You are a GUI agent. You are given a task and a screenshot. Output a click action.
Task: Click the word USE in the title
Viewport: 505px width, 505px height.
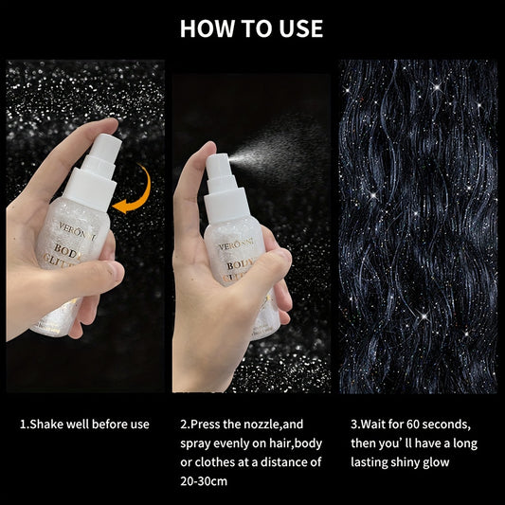click(x=298, y=28)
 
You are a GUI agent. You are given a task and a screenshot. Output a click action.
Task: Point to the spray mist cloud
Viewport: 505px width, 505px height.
click(x=284, y=142)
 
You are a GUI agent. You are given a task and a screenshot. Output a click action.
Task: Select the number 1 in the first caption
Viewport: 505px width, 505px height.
click(x=23, y=424)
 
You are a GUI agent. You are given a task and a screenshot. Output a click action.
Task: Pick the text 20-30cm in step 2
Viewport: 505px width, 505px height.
click(x=204, y=481)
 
